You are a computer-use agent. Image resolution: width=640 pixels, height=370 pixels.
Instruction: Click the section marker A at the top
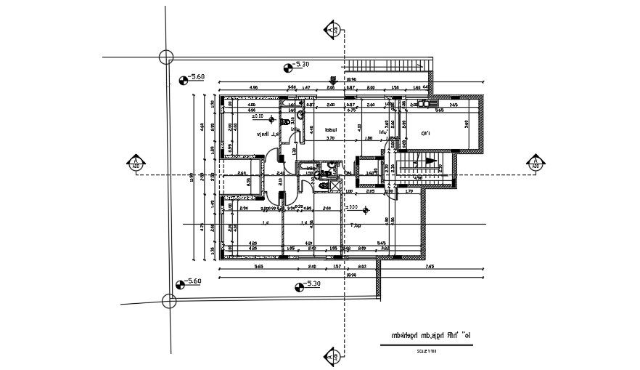coord(332,30)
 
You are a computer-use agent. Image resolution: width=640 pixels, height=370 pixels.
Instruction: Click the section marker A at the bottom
coord(332,356)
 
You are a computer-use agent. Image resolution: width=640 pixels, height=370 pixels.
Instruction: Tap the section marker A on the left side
coord(134,163)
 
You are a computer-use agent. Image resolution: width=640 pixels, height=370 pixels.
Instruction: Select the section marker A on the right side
coord(535,163)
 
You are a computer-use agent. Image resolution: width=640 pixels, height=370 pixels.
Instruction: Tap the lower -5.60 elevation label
coord(193,281)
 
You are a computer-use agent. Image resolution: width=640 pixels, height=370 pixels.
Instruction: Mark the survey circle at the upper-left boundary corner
coord(166,57)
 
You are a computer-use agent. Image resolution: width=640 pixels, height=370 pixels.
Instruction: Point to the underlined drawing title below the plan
coord(426,336)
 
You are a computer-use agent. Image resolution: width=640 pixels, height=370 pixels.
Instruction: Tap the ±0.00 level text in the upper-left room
coord(258,116)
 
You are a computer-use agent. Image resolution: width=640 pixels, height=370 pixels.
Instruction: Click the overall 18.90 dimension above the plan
coord(351,80)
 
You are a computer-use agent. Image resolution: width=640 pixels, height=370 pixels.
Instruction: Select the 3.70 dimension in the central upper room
coord(329,138)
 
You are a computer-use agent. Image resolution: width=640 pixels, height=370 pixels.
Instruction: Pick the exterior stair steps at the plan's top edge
coord(385,64)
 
